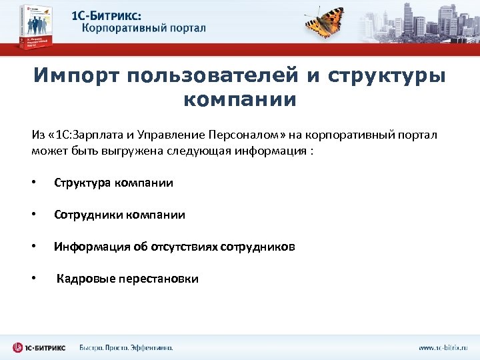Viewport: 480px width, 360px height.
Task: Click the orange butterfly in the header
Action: coord(334,22)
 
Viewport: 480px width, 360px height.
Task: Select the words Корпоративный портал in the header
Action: coord(144,28)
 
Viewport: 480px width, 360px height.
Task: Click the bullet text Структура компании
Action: coord(113,183)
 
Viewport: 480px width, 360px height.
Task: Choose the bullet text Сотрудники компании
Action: coord(119,215)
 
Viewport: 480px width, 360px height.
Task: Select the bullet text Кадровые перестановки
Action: coord(127,279)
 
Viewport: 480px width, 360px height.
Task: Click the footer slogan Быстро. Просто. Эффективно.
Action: coord(126,347)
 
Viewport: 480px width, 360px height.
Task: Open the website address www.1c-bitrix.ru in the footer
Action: coord(443,347)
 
